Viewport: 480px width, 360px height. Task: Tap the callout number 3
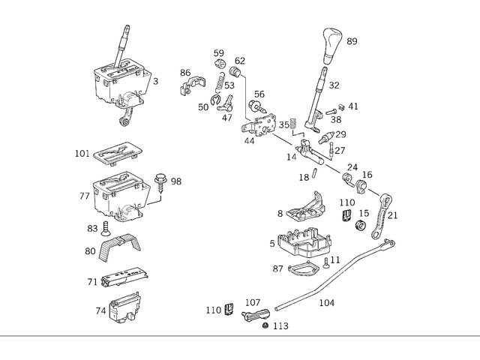(x=155, y=81)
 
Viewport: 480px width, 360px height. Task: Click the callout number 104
(x=327, y=304)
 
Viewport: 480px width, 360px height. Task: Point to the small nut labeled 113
(x=265, y=326)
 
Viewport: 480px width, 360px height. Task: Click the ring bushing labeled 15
(x=360, y=225)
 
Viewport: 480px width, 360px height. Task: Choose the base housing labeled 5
(x=303, y=242)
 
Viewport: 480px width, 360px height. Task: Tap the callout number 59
(x=219, y=53)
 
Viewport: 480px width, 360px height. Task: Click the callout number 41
(x=353, y=106)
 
